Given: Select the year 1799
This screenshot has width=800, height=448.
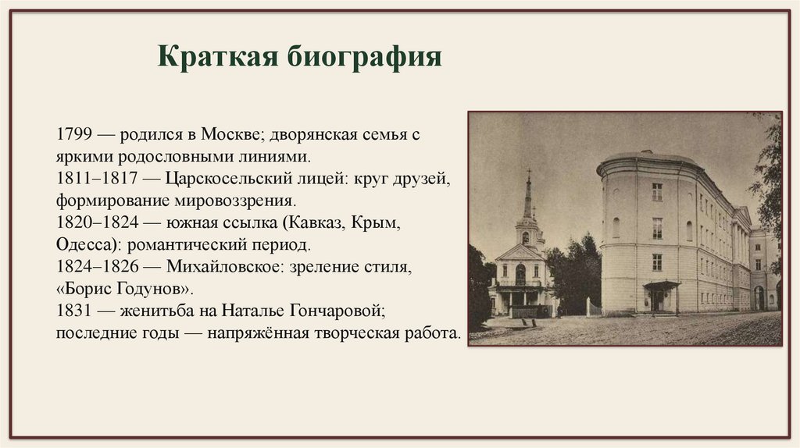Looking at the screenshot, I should pos(74,133).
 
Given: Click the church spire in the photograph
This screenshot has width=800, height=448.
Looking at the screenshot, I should pos(528,195).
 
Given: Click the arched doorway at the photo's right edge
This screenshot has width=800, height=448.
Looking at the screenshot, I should pos(759,297).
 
